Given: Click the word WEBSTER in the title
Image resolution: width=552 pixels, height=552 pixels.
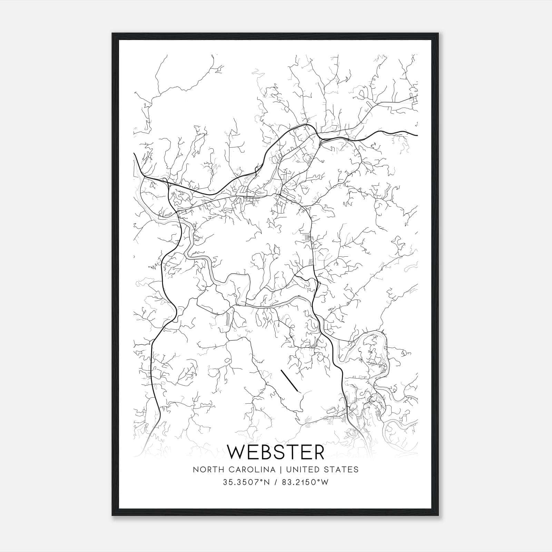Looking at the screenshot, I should [x=276, y=452].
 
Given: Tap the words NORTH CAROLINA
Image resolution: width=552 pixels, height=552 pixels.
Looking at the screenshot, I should [x=234, y=470].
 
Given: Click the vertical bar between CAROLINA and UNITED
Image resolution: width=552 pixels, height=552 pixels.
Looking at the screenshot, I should [x=280, y=470].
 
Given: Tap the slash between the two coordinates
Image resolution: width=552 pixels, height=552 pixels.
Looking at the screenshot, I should [x=275, y=482].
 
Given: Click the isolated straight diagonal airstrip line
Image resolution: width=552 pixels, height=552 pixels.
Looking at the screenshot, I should [x=289, y=381].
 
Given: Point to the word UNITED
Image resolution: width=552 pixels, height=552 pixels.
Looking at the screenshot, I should [x=302, y=470].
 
